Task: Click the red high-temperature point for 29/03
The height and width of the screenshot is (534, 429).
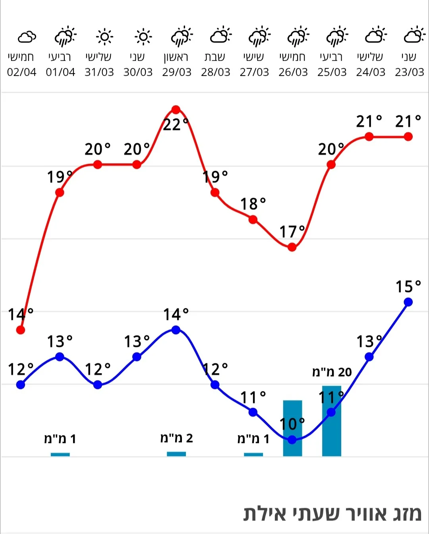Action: pos(176,110)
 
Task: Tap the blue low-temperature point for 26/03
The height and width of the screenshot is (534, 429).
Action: pos(292,439)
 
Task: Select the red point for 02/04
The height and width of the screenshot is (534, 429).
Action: pos(21,330)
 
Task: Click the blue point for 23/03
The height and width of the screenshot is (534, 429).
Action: pos(408,302)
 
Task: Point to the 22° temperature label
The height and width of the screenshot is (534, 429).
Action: pos(176,125)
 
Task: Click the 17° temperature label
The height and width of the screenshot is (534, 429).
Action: pos(292,232)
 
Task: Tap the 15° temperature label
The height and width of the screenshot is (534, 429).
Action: pos(408,286)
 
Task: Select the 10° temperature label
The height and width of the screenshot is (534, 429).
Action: pos(292,424)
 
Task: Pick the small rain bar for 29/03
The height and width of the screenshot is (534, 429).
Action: pos(176,454)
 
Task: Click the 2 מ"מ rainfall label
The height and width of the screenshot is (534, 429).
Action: pos(176,438)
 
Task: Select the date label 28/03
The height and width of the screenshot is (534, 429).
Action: pos(215,72)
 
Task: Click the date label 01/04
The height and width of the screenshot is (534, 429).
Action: pos(60,72)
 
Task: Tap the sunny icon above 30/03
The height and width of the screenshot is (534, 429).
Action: pos(143,37)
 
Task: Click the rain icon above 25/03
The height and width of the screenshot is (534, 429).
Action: pos(336,37)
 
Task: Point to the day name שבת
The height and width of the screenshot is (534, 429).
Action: pos(215,57)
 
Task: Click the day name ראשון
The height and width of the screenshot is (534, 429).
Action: pos(176,57)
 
